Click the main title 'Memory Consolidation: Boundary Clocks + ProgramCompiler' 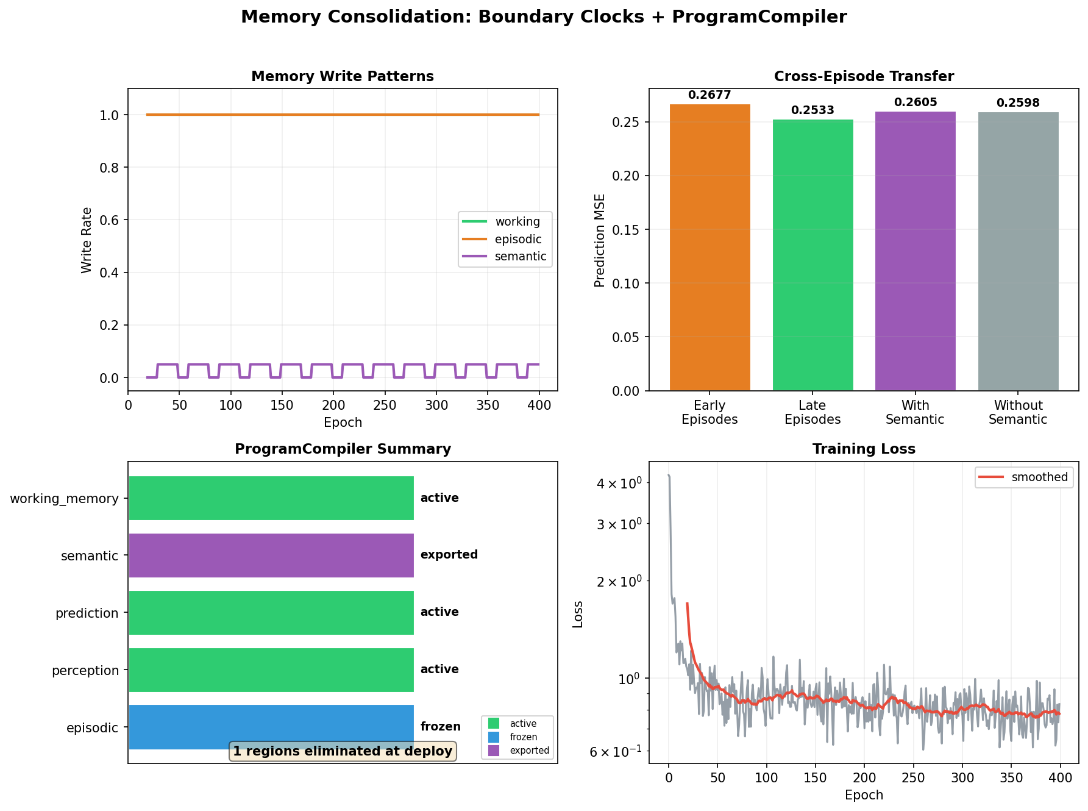544,17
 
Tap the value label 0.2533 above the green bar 812,110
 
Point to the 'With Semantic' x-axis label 915,412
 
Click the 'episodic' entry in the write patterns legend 517,239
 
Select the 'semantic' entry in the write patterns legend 520,256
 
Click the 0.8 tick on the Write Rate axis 109,168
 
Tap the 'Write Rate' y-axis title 87,240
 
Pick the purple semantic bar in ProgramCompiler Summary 271,555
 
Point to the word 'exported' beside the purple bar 449,555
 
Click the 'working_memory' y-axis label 64,499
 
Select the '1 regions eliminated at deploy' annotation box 343,751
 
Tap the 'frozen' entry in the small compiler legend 523,737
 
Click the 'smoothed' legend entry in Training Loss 1039,477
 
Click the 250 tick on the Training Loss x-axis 912,779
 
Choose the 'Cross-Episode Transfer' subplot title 864,76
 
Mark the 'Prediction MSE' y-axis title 600,240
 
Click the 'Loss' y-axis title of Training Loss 578,614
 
